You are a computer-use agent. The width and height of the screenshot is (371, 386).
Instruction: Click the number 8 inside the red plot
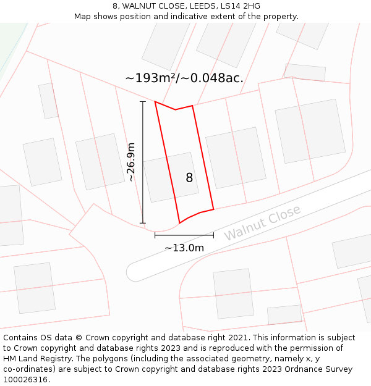189,178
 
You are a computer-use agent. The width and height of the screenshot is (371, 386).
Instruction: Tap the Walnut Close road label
262,223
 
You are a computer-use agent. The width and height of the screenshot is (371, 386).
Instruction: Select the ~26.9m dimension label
130,162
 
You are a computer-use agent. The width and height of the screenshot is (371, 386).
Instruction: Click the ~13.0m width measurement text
184,248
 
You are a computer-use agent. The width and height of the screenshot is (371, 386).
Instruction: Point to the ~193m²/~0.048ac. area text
184,78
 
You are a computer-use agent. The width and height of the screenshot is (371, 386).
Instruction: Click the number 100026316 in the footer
26,379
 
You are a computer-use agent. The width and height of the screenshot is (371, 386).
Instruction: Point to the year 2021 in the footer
238,338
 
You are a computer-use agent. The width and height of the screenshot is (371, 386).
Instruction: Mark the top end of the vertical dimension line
143,102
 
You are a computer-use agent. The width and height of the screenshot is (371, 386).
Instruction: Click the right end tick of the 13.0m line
213,235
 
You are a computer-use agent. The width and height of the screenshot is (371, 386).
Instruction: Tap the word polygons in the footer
123,359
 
